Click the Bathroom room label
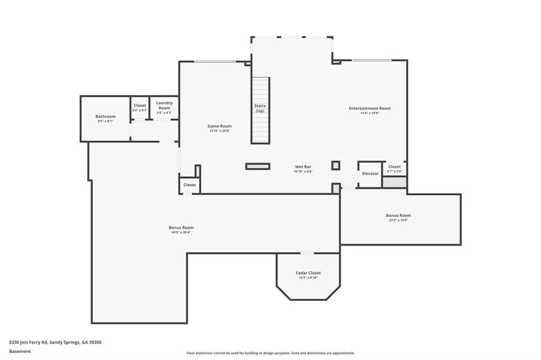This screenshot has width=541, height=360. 105,117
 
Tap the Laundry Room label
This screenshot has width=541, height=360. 164,105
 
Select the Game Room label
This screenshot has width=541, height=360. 219,126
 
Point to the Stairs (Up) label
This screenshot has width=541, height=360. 260,108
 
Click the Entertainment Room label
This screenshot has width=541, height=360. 370,108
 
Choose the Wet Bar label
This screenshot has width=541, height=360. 303,167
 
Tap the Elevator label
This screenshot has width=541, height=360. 370,174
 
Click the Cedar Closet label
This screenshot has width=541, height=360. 308,273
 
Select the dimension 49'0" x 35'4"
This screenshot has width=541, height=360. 181,232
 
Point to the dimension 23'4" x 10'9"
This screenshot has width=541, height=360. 398,220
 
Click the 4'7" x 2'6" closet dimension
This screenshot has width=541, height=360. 394,171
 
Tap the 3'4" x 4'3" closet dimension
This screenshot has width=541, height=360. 139,110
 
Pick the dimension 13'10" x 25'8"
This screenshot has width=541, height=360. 219,131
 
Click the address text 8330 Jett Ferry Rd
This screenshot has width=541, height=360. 28,343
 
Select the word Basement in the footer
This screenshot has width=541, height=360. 20,352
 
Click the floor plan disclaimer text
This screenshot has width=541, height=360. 270,353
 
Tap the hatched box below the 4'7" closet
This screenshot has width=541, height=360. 394,183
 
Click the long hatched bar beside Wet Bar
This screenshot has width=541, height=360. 258,167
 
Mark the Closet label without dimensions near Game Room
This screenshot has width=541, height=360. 190,185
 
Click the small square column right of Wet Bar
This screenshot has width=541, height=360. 335,166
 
